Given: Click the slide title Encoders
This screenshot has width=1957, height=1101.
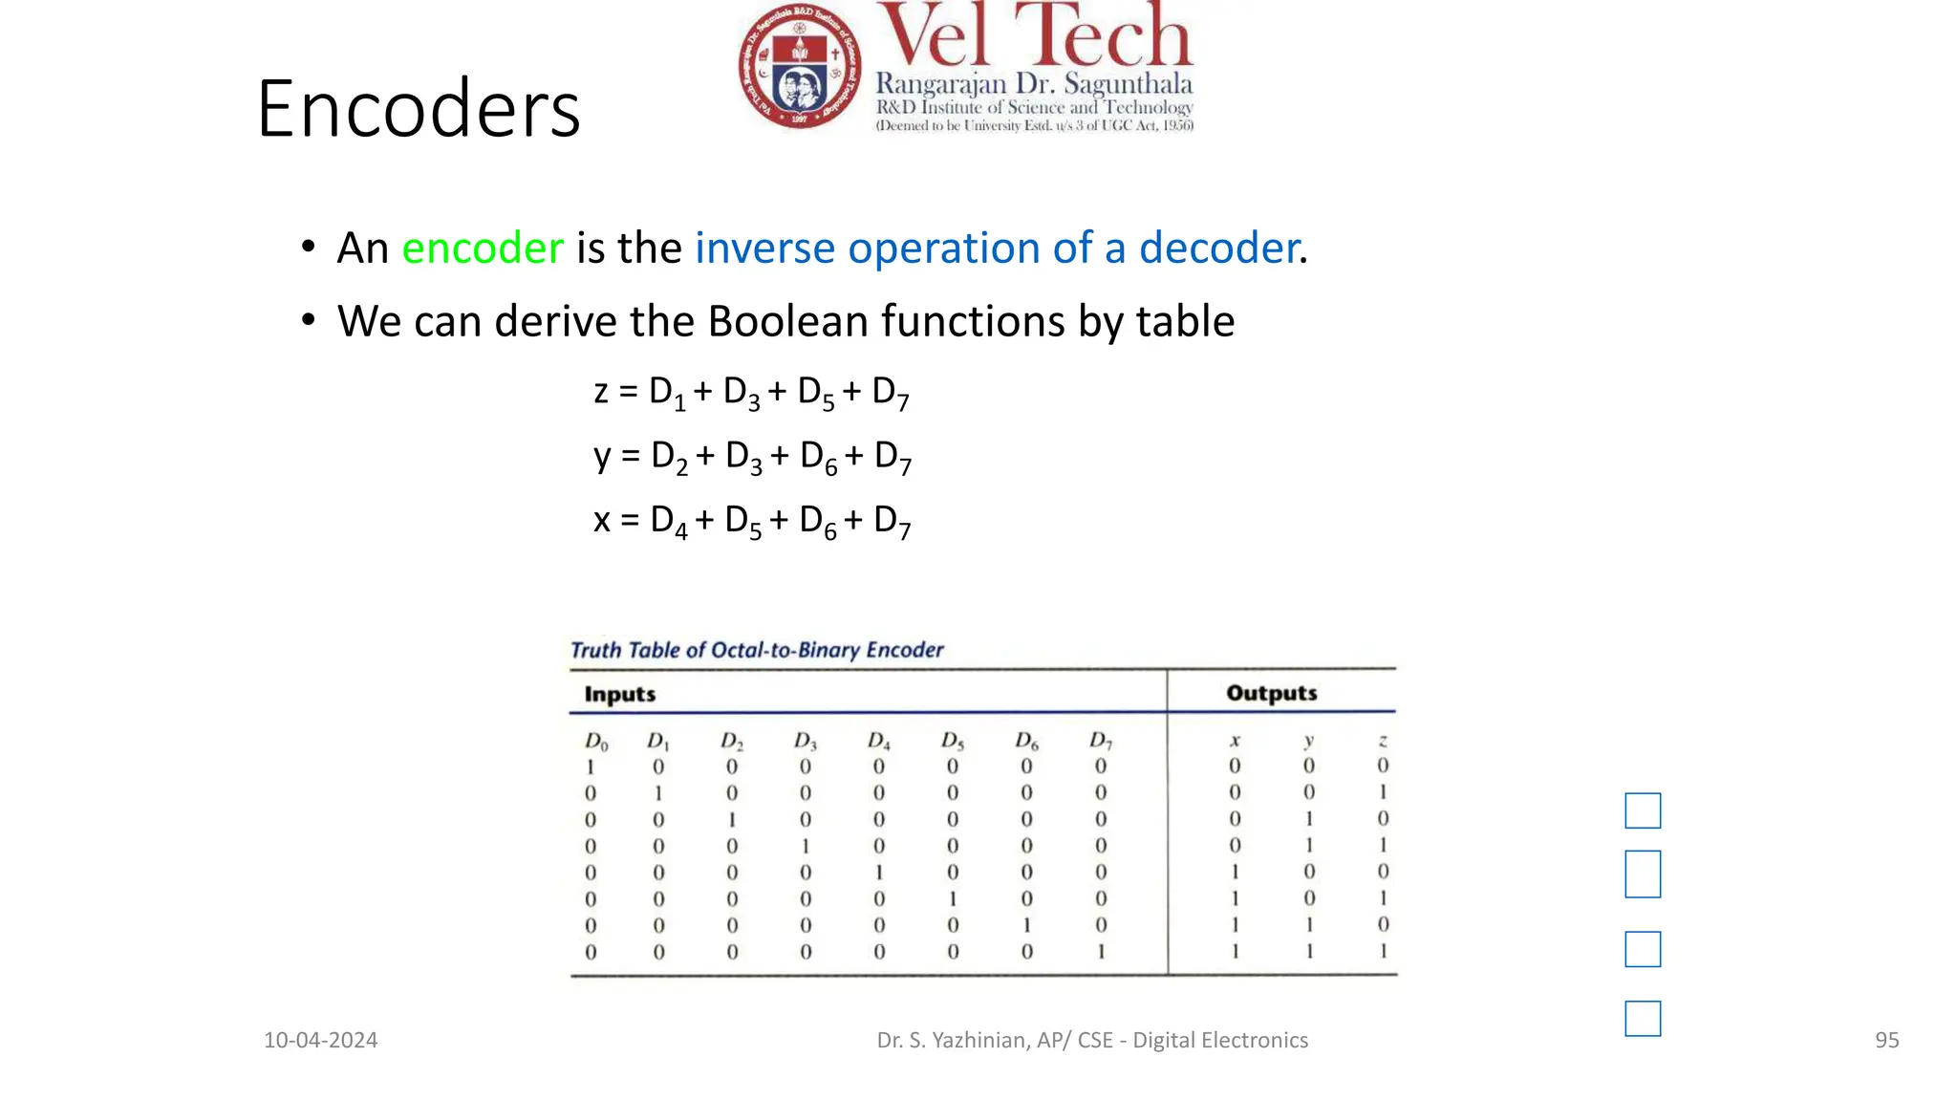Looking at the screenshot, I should (x=419, y=109).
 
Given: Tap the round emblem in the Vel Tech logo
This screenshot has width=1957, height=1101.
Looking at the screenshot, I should (x=800, y=66).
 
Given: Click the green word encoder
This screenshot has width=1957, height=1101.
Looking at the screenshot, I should (x=483, y=248).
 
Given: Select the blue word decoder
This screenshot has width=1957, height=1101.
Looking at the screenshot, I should (x=1218, y=248).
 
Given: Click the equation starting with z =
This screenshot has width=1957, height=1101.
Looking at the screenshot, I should (x=751, y=392).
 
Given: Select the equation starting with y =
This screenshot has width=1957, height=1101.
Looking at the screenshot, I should (x=752, y=457).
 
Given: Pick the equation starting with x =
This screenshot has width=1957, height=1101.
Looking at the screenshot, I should (x=752, y=521).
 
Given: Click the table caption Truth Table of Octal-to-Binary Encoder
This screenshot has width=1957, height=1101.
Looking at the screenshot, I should (x=757, y=650).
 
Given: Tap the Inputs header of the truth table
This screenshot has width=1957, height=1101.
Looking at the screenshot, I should (x=619, y=694).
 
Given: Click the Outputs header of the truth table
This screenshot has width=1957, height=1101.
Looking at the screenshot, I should (x=1271, y=693).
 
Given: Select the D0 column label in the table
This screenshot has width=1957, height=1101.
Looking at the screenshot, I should (x=595, y=742).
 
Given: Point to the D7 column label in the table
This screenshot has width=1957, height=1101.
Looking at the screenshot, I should (x=1101, y=741).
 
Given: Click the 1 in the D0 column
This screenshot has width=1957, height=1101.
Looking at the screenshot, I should (x=591, y=766).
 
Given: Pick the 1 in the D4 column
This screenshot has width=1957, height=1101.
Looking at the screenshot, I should (x=879, y=873).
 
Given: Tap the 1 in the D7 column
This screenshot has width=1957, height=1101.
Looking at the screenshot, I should (x=1101, y=952).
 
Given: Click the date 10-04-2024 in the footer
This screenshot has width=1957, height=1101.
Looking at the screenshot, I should (x=320, y=1040).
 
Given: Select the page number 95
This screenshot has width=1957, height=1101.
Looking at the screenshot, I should (x=1886, y=1040).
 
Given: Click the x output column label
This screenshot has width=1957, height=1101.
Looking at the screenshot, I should (x=1235, y=741).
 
